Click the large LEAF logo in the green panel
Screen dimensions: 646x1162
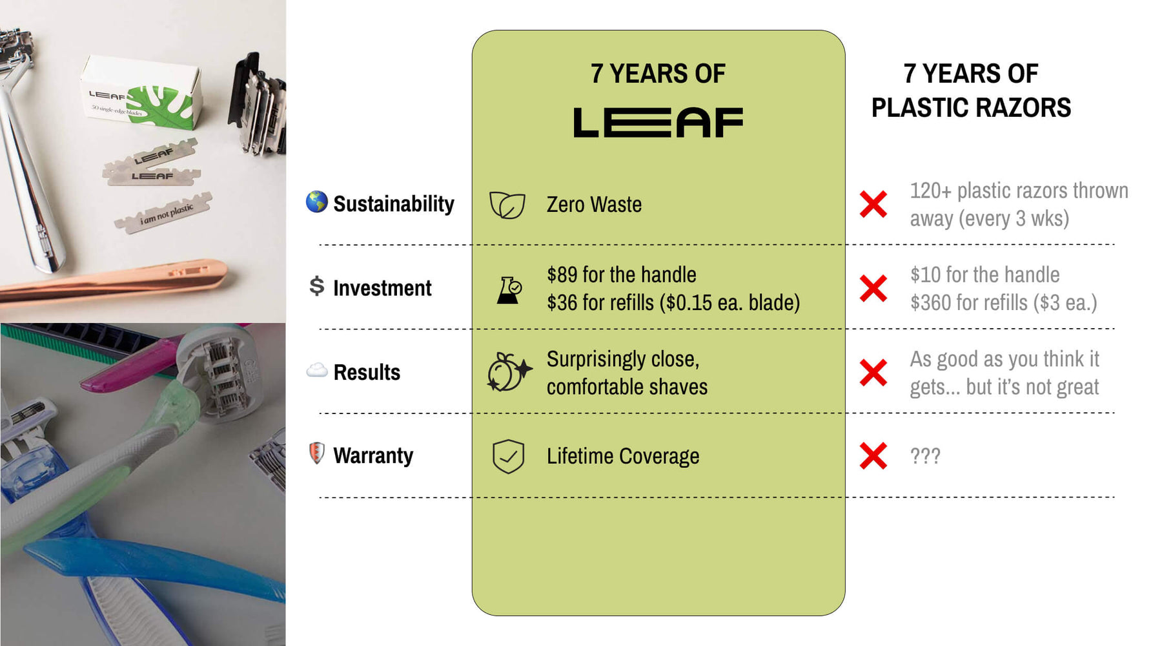[658, 123]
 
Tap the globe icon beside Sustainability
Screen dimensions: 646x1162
[316, 202]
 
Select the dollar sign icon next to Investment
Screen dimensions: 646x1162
[316, 286]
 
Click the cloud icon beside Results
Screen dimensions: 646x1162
[316, 371]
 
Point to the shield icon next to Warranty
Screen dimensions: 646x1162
[316, 453]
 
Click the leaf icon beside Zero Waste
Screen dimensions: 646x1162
[507, 205]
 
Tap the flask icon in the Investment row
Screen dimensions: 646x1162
[509, 290]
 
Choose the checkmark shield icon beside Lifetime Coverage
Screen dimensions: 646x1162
[508, 457]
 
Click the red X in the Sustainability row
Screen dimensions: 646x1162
[873, 204]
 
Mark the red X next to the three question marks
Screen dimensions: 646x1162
[873, 456]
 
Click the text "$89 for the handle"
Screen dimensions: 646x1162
[621, 275]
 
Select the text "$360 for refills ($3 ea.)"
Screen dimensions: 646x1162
[1003, 302]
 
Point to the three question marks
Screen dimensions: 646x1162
[925, 456]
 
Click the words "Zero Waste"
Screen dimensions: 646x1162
[594, 205]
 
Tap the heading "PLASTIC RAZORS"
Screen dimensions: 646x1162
[971, 108]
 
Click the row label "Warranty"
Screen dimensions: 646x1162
[373, 455]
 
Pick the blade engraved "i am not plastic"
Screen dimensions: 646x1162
[164, 214]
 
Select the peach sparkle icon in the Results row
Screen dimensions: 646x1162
[509, 373]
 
